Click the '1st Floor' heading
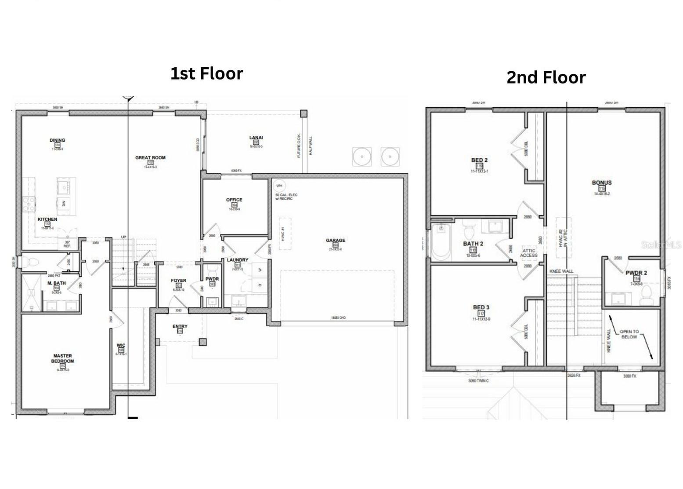click(206, 73)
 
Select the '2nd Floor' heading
click(546, 77)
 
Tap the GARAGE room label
click(335, 241)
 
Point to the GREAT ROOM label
click(150, 157)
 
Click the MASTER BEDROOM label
click(62, 358)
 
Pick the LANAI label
click(256, 138)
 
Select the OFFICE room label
click(234, 200)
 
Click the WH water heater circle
click(279, 186)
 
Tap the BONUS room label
click(601, 182)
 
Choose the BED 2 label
click(479, 160)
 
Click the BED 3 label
click(481, 307)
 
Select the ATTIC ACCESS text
click(528, 253)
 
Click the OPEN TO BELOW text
click(629, 334)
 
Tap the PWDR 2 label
click(636, 273)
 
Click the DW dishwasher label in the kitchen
click(64, 203)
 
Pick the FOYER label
click(178, 280)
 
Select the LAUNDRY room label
click(237, 260)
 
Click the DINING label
click(57, 140)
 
